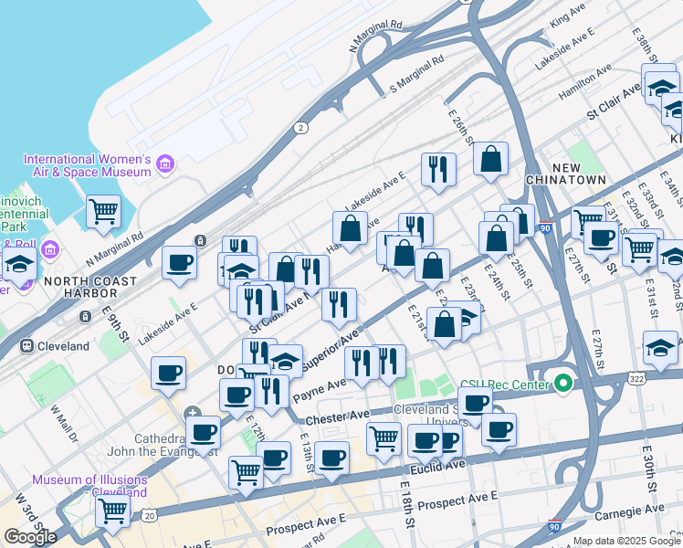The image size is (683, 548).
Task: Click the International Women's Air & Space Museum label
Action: pos(87,165)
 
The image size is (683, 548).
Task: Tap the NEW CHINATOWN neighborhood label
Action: pos(566,174)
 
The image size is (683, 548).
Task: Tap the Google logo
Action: pos(30,537)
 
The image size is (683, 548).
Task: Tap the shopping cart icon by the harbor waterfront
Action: pos(103,211)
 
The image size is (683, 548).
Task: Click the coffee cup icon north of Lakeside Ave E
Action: pos(180,263)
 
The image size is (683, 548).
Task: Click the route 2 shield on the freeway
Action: pos(300,128)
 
